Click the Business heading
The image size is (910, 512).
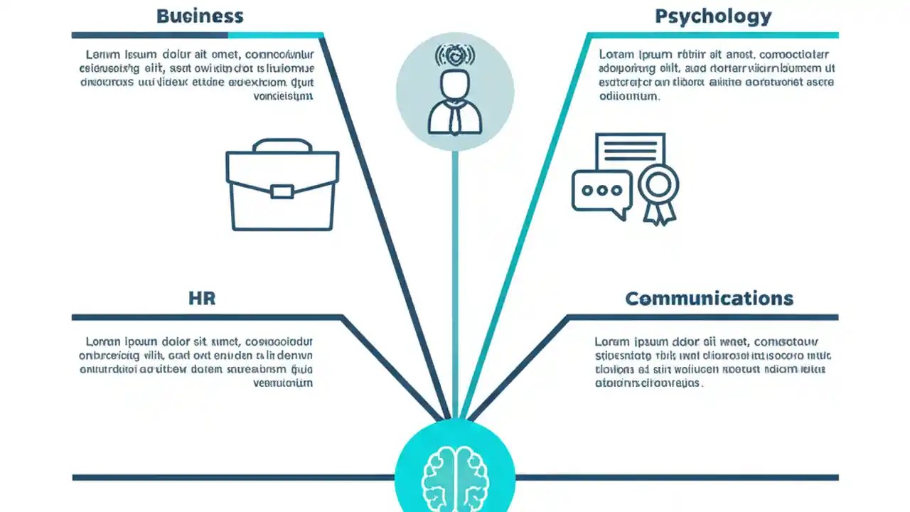point(200,16)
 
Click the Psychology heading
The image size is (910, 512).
point(713,16)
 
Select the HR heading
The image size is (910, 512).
point(202,298)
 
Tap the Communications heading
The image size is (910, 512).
point(709,298)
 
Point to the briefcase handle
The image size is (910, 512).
point(282,145)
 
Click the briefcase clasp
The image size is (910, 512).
point(282,191)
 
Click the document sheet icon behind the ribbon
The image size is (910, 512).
point(630,151)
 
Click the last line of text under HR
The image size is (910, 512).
point(283,383)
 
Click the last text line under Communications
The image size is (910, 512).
point(648,383)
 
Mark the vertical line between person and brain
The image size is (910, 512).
point(455,284)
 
